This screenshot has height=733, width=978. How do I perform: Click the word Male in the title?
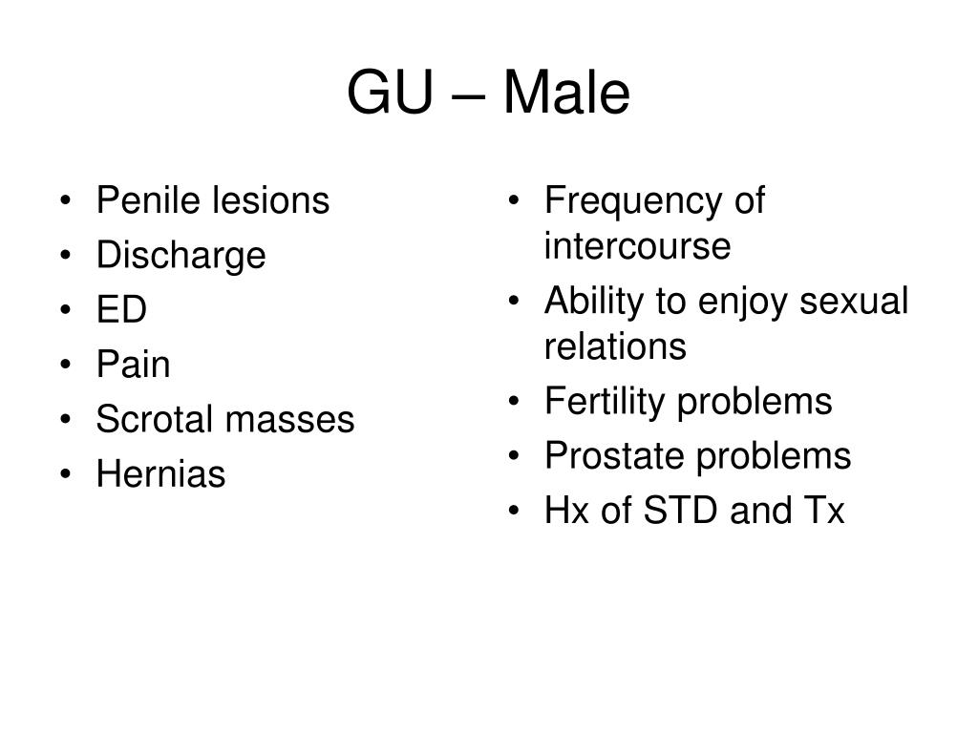click(566, 93)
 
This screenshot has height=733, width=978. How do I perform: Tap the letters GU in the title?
click(390, 93)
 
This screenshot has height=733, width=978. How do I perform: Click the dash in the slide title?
click(467, 97)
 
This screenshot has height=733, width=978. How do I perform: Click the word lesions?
click(270, 200)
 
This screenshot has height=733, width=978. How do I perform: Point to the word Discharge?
click(181, 256)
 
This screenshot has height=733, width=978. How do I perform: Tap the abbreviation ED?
click(121, 309)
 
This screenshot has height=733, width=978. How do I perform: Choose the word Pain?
click(133, 364)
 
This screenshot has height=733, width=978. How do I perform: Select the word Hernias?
click(160, 473)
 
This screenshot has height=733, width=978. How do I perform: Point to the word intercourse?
click(637, 245)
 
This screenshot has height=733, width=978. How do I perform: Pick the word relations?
click(615, 346)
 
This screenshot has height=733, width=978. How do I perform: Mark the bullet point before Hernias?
click(66, 474)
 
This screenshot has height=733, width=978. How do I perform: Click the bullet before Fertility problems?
click(513, 401)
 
